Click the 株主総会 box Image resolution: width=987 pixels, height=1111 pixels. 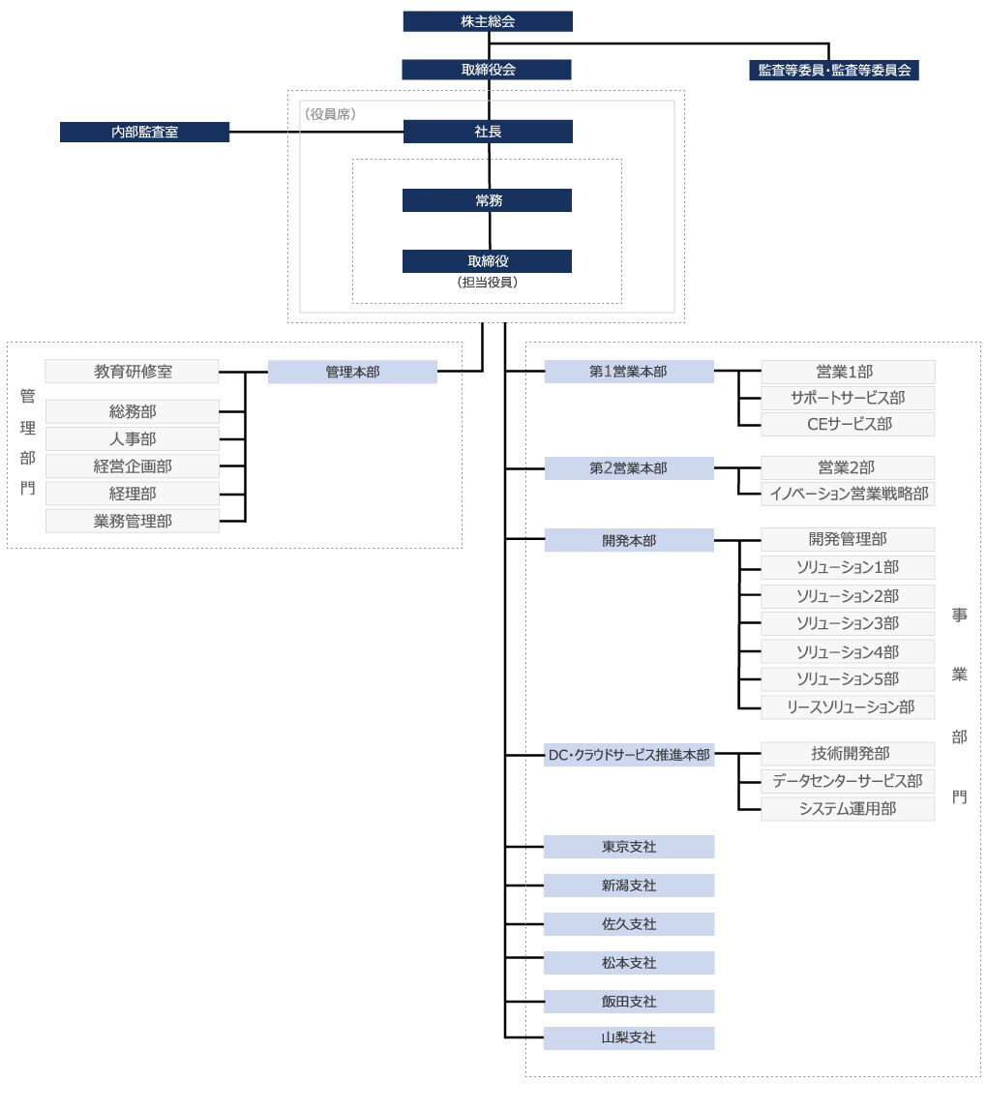coord(488,21)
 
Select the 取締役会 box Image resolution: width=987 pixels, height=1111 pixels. coord(488,70)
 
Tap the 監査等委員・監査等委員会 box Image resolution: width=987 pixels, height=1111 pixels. coord(834,70)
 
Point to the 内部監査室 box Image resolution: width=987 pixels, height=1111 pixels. coord(144,132)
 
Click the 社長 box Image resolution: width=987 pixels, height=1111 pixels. coord(488,132)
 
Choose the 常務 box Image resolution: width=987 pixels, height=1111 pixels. coord(488,200)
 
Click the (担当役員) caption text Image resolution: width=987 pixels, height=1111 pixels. coord(488,284)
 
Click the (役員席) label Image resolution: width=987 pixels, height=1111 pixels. coord(331,114)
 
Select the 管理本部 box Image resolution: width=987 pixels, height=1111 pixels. coord(352,372)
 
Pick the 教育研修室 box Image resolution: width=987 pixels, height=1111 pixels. coord(133,371)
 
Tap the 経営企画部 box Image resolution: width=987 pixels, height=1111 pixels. coord(133,466)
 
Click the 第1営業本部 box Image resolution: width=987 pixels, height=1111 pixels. coord(629,372)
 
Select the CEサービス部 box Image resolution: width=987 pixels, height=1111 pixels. coord(849,424)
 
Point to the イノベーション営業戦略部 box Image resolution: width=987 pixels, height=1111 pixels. coord(849,494)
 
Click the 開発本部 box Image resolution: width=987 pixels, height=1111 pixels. coord(629,540)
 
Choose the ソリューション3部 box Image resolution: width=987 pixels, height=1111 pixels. coord(849,623)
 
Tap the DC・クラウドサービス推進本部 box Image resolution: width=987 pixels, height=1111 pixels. coord(629,755)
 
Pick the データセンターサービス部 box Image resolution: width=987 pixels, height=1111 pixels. coord(849,781)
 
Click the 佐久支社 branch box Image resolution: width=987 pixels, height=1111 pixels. coord(629,924)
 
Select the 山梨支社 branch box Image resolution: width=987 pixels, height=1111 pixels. coord(629,1037)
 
